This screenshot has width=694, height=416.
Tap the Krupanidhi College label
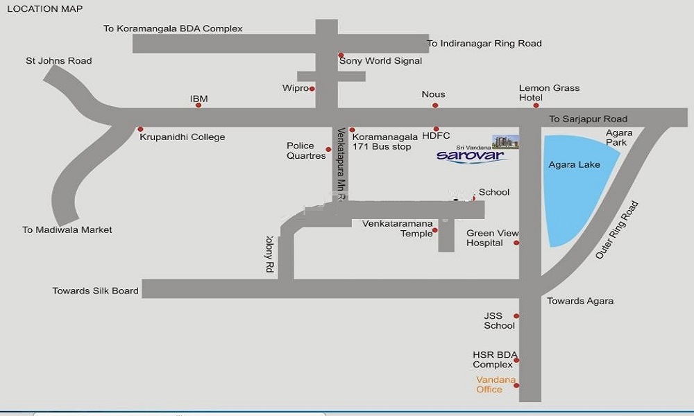(183, 137)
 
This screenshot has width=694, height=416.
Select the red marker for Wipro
(312, 89)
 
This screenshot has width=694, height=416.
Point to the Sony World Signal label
(380, 61)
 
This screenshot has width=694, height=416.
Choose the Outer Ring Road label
(616, 230)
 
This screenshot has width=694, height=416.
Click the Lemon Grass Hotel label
(549, 93)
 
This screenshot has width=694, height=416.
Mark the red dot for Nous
(435, 105)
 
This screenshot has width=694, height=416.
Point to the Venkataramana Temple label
(398, 228)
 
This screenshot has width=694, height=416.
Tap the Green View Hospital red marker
(516, 243)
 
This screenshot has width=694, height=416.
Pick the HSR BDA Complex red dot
(516, 360)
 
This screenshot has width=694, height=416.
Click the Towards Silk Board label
(96, 291)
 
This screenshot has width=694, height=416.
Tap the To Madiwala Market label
(67, 230)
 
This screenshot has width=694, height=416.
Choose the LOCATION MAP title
(44, 9)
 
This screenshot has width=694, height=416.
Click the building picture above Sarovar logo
(505, 141)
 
